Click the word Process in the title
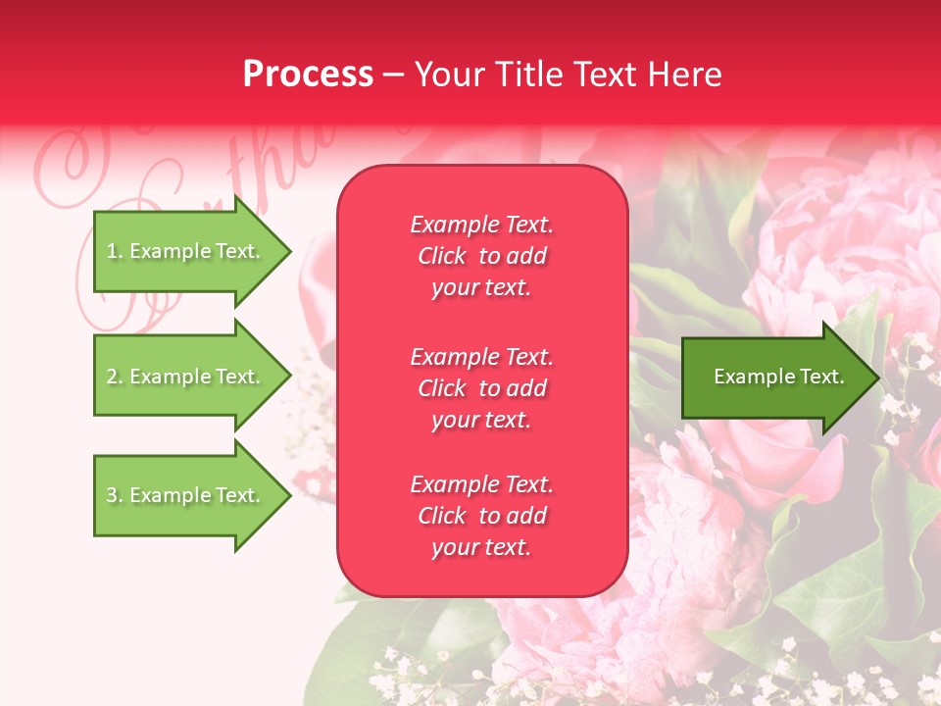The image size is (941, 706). tap(308, 75)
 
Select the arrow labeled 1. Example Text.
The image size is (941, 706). tap(186, 251)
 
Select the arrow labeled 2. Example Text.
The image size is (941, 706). tap(186, 377)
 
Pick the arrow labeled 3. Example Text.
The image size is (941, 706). tap(186, 495)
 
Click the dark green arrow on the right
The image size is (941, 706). tap(774, 377)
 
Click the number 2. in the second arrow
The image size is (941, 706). tap(115, 377)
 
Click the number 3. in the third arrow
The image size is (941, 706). tap(115, 495)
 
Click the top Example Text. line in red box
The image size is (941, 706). tap(481, 225)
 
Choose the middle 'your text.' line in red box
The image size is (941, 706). tap(481, 420)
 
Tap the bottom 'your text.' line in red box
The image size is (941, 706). tap(481, 548)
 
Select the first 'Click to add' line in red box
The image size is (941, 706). tap(481, 256)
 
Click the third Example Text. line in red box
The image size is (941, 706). tap(481, 484)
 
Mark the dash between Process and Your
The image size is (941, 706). tap(393, 76)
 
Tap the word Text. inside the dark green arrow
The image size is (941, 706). tap(821, 377)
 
